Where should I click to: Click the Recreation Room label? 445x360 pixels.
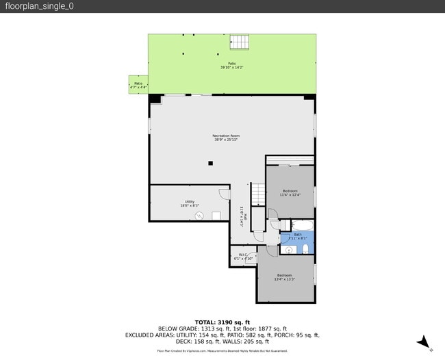(x=225, y=138)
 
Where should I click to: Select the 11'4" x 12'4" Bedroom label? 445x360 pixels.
(x=290, y=192)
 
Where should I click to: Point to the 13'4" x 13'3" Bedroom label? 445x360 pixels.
(x=285, y=277)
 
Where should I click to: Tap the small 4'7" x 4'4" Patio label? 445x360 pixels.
(x=138, y=86)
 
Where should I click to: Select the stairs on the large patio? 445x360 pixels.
(x=240, y=42)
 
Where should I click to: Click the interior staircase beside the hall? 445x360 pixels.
(x=257, y=194)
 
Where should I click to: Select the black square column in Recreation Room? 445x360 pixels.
(x=211, y=163)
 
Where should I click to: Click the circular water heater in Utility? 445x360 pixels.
(x=200, y=216)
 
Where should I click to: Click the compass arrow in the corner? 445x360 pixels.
(x=424, y=342)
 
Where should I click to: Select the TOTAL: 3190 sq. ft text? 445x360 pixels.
(x=222, y=322)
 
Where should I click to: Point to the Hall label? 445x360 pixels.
(x=243, y=217)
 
